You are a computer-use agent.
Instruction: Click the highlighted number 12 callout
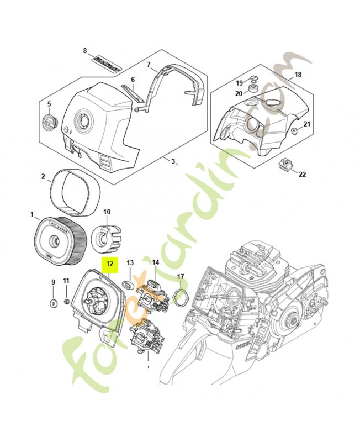[x=109, y=265]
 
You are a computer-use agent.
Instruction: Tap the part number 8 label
[x=85, y=51]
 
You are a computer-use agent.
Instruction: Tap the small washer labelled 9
[x=54, y=303]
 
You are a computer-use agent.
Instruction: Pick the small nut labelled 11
[x=66, y=302]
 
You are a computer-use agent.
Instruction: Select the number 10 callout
[x=107, y=211]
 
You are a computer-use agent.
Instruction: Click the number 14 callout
[x=156, y=262]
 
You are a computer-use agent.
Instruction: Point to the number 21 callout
[x=307, y=124]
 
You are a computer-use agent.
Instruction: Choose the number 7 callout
[x=149, y=65]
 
